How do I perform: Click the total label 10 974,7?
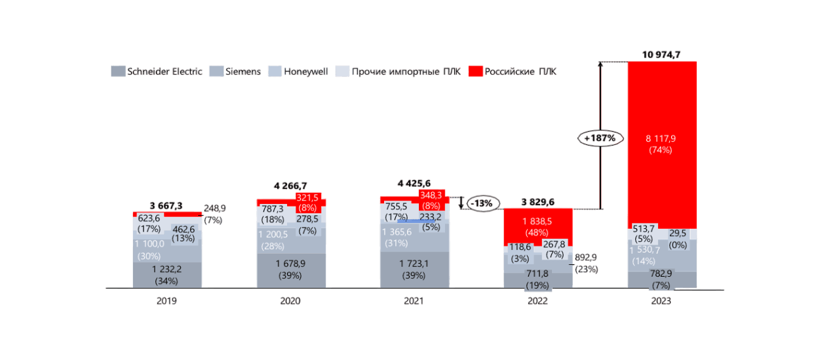[662, 54]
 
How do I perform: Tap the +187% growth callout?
[600, 138]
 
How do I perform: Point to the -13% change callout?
[481, 203]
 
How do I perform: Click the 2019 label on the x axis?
[166, 301]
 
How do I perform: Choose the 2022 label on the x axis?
[537, 301]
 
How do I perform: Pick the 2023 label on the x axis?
[661, 301]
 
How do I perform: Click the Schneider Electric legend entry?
[157, 71]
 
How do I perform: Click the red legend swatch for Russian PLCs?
[477, 71]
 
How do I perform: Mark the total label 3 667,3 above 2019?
[166, 206]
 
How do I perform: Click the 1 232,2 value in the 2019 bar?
[166, 269]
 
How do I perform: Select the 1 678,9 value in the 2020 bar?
[290, 264]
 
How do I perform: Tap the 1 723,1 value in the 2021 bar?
[414, 264]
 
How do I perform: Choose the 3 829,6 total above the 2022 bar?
[537, 201]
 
